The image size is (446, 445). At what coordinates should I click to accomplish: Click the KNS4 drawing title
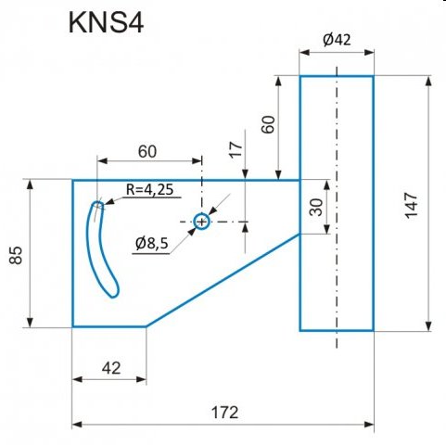point(106,22)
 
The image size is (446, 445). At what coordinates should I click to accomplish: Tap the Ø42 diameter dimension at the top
point(337,40)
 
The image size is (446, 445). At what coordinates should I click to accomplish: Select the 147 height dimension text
point(411,206)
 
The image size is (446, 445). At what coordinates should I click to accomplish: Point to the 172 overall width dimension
point(224,413)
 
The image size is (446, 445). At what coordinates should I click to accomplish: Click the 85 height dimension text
point(16,255)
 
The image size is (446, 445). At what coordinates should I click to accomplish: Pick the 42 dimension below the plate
point(111,368)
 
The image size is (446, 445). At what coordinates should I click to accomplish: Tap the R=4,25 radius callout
point(149,189)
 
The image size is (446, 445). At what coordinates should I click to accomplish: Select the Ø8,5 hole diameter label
point(152,244)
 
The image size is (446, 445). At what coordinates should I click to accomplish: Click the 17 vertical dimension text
point(236,149)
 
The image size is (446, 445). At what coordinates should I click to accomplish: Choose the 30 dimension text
point(316,207)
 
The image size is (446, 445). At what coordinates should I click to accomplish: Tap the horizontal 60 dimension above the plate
point(147,151)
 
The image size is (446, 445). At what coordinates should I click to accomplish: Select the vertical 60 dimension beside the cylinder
point(268,124)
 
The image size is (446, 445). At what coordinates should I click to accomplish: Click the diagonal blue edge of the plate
point(223,280)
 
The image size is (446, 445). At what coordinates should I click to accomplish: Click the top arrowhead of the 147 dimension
point(428,81)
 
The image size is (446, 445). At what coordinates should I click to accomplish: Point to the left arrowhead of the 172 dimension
point(77,425)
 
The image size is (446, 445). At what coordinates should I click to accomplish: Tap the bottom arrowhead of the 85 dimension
point(30,322)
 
